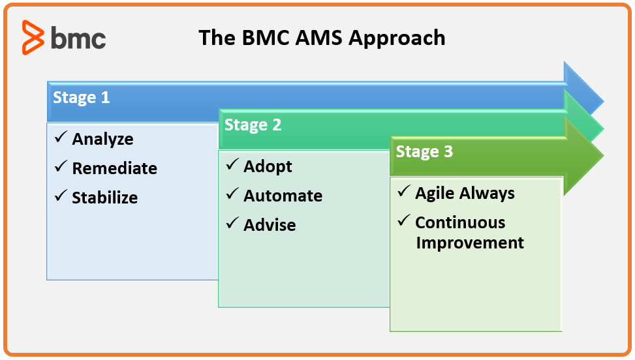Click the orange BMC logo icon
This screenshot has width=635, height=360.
pos(33,37)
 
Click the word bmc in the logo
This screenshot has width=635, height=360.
pos(78,38)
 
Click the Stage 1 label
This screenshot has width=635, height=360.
pos(82,97)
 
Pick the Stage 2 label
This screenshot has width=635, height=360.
pos(253,125)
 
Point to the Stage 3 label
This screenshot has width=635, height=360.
pos(424,152)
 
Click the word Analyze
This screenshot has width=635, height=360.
pos(102,140)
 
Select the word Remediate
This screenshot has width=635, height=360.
pos(115,168)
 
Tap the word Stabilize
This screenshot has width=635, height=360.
pos(105,198)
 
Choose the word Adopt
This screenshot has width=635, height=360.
pos(268,167)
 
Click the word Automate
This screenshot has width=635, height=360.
pos(283,196)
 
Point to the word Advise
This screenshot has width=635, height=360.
pos(270,225)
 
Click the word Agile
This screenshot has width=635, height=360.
pos(435,194)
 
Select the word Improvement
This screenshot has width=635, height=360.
pos(470,243)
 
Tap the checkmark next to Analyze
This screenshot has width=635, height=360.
pos(61,137)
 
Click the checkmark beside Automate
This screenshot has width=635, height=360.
pos(232,193)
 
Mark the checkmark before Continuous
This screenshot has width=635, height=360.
pos(404,220)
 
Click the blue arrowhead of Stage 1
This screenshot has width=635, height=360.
pos(583,88)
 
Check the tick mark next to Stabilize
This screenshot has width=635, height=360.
pos(61,196)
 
